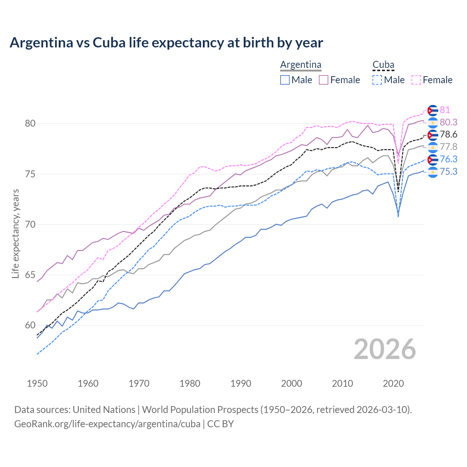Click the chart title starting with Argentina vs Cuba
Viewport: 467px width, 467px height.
pos(166,43)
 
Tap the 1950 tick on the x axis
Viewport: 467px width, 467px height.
pos(37,383)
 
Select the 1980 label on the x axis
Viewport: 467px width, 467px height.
pos(190,383)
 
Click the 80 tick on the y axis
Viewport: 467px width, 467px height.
pos(30,124)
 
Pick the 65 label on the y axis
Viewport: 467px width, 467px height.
pos(30,275)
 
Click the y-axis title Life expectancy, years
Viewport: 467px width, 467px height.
pos(15,233)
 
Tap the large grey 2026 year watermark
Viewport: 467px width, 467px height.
pos(385,349)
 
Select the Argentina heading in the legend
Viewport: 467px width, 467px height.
pos(301,65)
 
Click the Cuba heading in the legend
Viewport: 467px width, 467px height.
pos(383,65)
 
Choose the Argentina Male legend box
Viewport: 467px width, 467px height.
pos(285,80)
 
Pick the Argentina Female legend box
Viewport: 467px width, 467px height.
pos(324,80)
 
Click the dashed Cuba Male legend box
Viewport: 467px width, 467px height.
pos(377,80)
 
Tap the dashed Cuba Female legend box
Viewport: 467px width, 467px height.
pos(416,80)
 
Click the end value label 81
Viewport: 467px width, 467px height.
pos(445,110)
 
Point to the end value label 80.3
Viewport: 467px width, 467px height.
pos(448,122)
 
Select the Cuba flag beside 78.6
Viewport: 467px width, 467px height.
pos(433,135)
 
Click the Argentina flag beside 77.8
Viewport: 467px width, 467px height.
pos(433,147)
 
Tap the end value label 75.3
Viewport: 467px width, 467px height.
pos(448,171)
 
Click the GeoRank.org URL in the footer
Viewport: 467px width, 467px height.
pos(107,424)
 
